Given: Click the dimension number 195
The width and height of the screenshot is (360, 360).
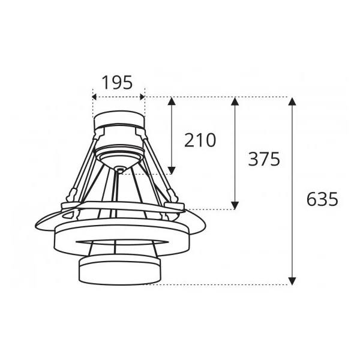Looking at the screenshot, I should coord(117,82).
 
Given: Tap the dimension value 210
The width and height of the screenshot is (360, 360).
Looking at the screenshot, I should coord(199,140).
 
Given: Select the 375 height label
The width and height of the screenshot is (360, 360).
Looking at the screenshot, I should coord(264,159).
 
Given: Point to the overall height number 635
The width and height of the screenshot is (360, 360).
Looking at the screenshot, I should coord(322,199).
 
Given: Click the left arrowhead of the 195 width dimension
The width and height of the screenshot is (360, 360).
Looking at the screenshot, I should coord(95,96).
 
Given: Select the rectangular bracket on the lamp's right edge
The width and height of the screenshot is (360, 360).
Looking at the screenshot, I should coord(174,206).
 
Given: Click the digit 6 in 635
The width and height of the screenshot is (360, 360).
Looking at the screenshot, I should coord(312,199).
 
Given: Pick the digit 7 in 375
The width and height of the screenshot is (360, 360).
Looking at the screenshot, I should coord(264,159).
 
